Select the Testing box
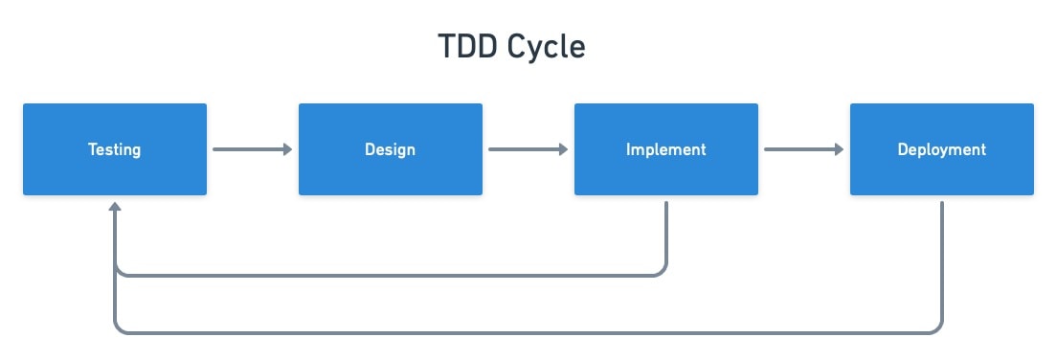pyautogui.click(x=115, y=149)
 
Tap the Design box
pyautogui.click(x=391, y=149)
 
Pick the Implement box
pyautogui.click(x=666, y=149)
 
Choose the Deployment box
pyautogui.click(x=942, y=149)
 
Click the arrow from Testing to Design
pyautogui.click(x=253, y=149)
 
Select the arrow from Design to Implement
pyautogui.click(x=528, y=149)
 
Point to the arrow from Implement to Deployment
pyautogui.click(x=804, y=149)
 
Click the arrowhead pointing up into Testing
pyautogui.click(x=115, y=206)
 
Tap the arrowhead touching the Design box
pyautogui.click(x=288, y=149)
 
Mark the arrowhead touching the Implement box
pyautogui.click(x=564, y=149)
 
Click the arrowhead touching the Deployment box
pyautogui.click(x=840, y=149)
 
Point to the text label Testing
pyautogui.click(x=115, y=149)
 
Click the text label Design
pyautogui.click(x=391, y=149)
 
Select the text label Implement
pyautogui.click(x=666, y=149)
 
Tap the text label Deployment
pyautogui.click(x=942, y=149)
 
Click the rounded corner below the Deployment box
pyautogui.click(x=937, y=329)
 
